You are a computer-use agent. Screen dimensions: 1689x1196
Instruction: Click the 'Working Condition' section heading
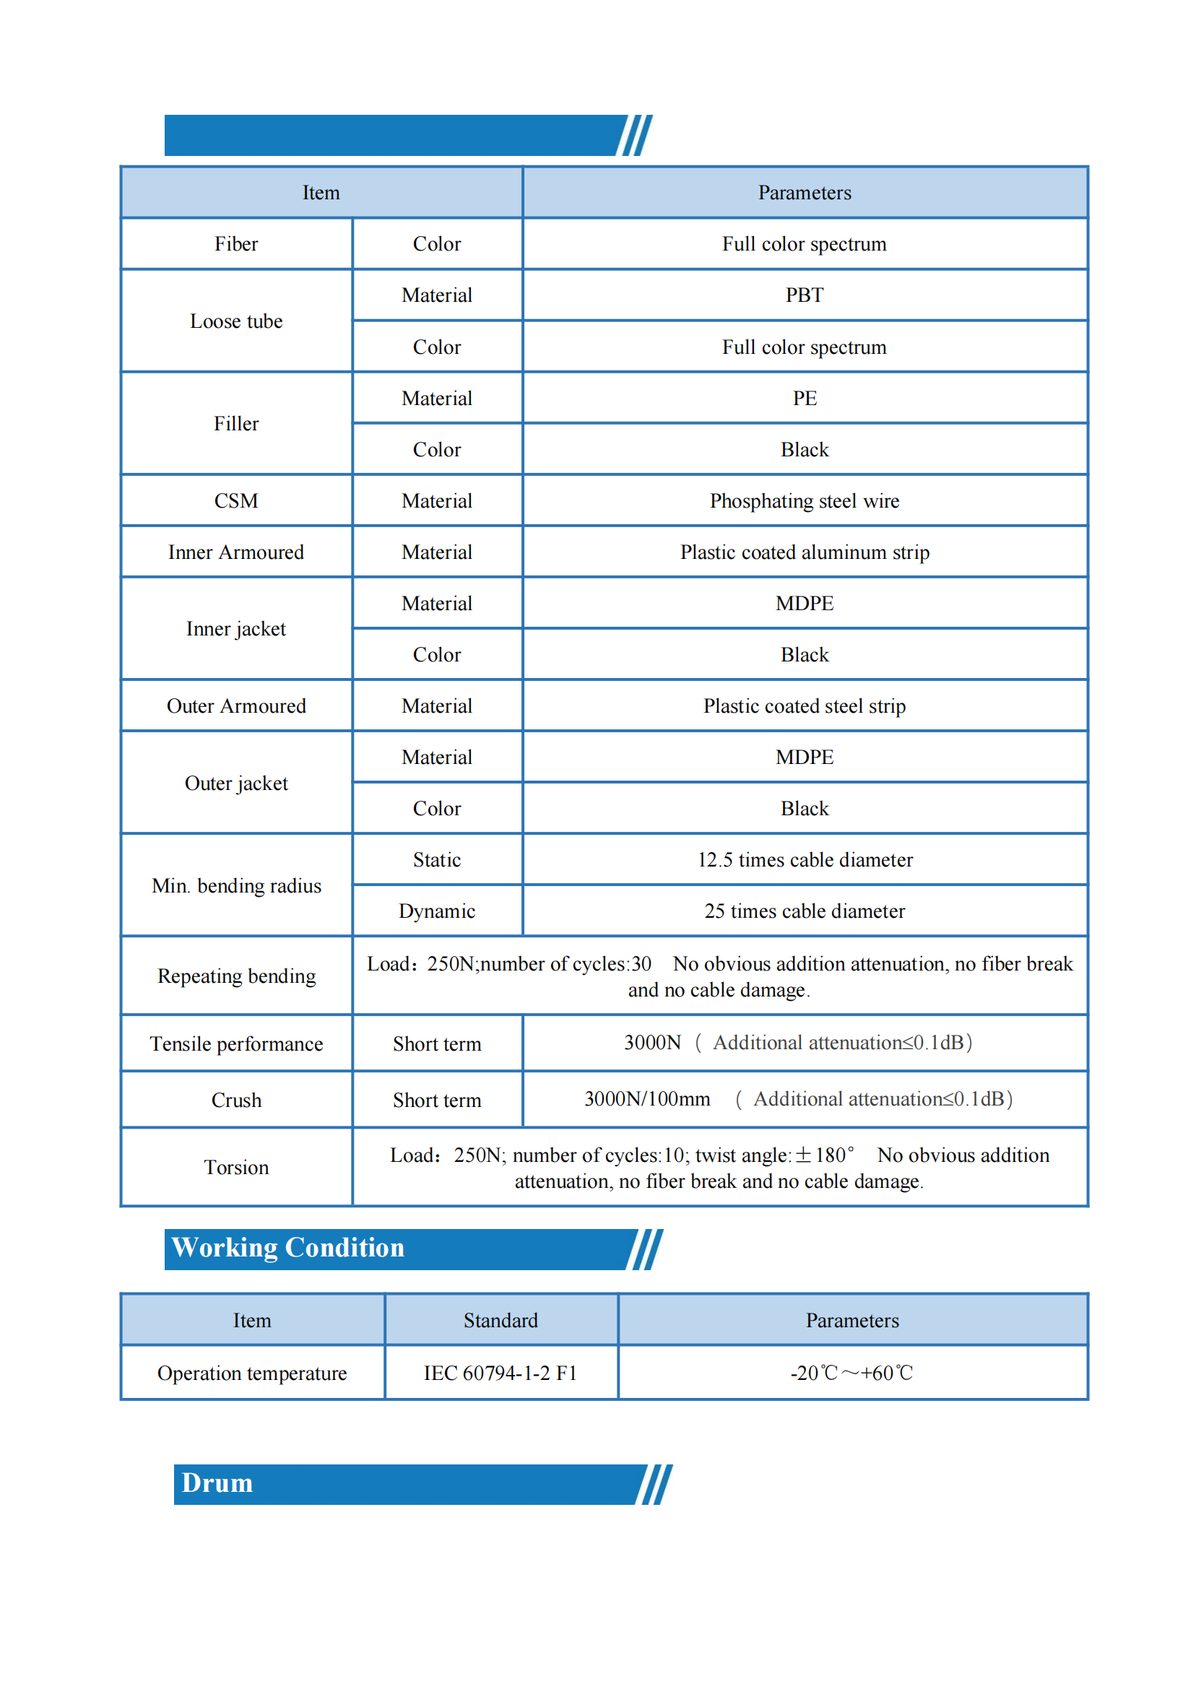(x=288, y=1248)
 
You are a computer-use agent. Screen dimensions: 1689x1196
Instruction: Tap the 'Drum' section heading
(x=217, y=1483)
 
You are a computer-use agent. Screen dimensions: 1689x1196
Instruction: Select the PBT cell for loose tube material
(x=805, y=295)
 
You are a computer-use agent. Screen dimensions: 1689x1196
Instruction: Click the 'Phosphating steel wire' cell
(x=805, y=501)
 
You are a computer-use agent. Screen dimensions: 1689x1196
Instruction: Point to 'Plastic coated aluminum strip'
(x=805, y=552)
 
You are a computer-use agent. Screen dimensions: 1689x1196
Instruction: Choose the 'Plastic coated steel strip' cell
(x=805, y=706)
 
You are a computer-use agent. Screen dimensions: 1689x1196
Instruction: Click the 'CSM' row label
(x=235, y=501)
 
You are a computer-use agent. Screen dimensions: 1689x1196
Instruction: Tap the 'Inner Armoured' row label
(x=235, y=552)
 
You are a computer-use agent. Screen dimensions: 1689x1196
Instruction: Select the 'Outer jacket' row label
(x=235, y=783)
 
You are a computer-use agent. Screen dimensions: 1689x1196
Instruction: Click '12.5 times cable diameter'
(x=805, y=860)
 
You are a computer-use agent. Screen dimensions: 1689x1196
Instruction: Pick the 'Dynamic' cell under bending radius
(x=437, y=911)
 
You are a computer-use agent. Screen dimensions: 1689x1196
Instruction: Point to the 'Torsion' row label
(x=235, y=1168)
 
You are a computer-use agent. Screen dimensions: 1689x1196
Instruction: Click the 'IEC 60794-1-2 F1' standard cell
(x=500, y=1373)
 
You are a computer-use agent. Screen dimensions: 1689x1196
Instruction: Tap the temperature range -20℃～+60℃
(x=851, y=1373)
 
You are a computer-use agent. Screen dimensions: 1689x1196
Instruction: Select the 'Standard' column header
(x=500, y=1321)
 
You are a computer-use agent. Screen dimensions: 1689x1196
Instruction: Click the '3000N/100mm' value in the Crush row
(x=646, y=1099)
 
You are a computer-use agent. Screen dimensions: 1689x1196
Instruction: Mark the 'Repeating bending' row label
(x=235, y=976)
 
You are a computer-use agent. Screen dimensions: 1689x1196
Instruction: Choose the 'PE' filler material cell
(x=805, y=399)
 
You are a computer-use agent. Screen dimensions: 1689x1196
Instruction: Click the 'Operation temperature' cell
(x=252, y=1373)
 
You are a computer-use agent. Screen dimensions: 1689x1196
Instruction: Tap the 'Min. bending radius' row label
(x=235, y=886)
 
